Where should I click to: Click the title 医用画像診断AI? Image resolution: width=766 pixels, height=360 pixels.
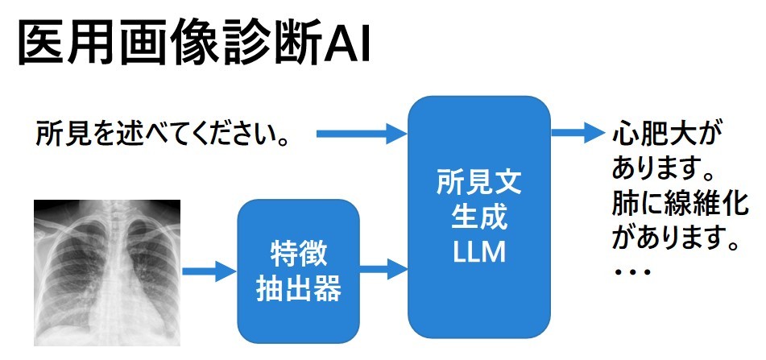[x=193, y=43]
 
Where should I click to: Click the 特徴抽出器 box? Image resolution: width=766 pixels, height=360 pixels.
[x=298, y=271]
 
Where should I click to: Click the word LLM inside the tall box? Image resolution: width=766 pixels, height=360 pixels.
[x=479, y=252]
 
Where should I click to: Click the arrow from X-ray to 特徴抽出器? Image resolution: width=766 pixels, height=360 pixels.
[x=209, y=271]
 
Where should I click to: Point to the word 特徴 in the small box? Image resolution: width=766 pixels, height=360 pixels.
[x=298, y=253]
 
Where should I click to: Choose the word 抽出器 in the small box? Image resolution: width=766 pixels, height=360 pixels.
[x=298, y=288]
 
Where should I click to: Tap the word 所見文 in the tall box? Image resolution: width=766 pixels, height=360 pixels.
[x=479, y=183]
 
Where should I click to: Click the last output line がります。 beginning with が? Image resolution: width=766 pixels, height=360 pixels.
[x=675, y=237]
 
